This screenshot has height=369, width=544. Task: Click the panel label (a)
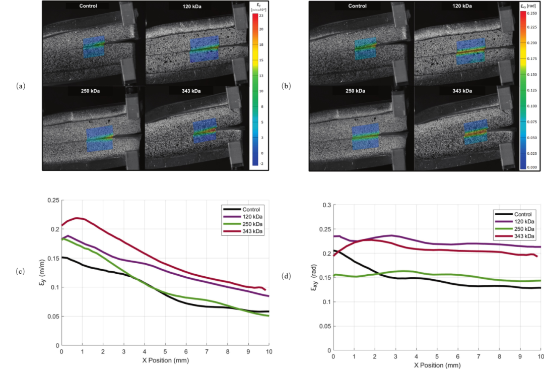tap(20, 86)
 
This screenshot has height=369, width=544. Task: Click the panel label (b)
tap(287, 86)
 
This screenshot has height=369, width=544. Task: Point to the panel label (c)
tap(20, 272)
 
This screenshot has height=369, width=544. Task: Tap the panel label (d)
tap(287, 276)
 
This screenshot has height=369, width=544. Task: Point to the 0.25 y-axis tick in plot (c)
tap(52, 200)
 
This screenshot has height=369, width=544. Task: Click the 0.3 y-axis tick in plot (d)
tap(325, 205)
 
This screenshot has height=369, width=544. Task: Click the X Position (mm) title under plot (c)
tap(165, 361)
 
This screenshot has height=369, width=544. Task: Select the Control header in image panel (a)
tap(89, 6)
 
